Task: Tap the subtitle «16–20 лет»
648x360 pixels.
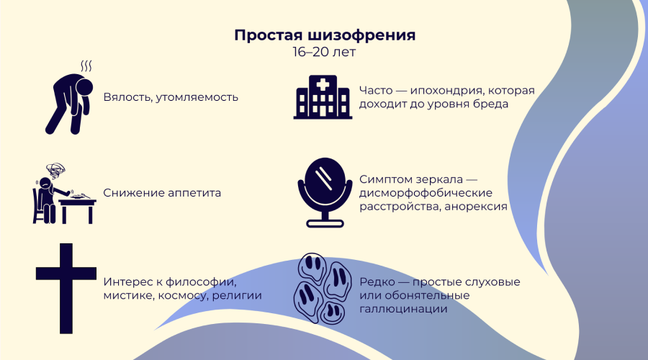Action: tap(324, 53)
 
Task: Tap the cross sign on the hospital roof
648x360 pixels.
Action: tap(323, 84)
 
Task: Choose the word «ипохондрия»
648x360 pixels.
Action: tap(451, 91)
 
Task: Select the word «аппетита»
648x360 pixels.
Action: tap(194, 193)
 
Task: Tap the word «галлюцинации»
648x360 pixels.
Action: tap(403, 309)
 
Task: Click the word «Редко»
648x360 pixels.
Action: tap(376, 282)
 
